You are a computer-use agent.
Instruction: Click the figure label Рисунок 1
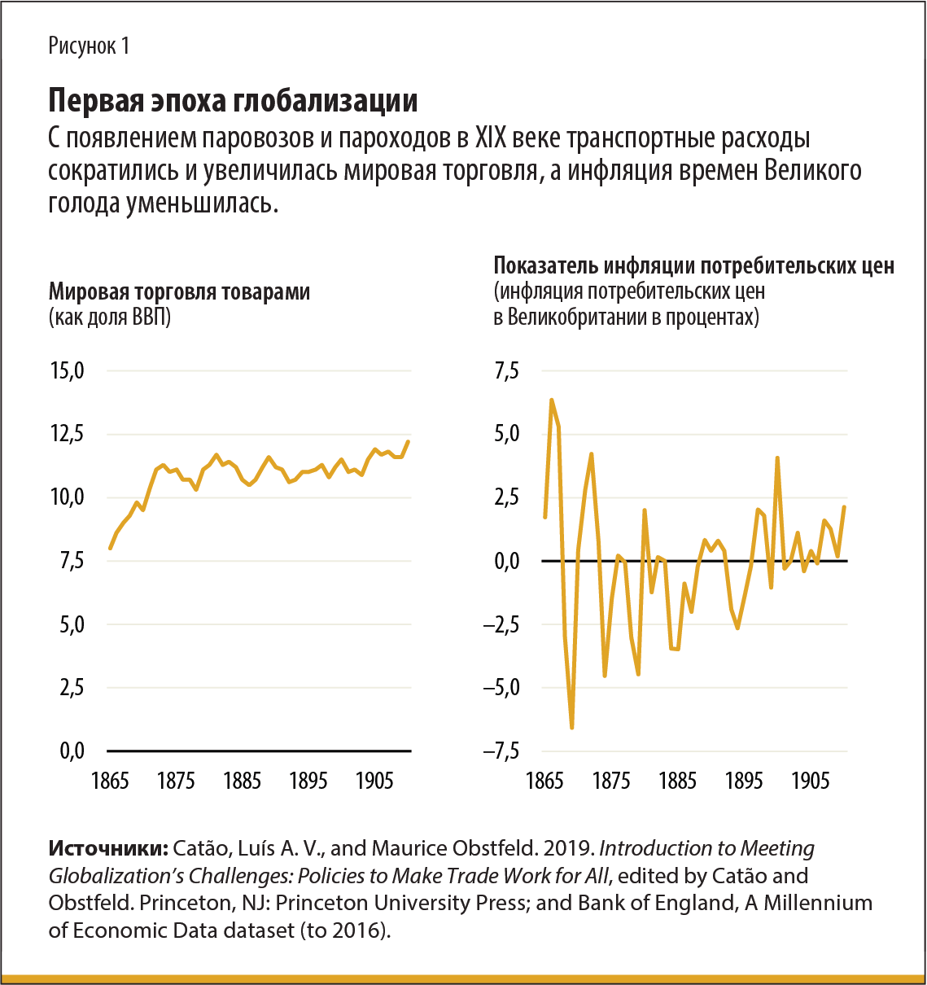pos(89,46)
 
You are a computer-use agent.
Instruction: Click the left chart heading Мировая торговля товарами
pos(179,291)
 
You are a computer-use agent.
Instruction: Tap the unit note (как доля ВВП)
pos(110,317)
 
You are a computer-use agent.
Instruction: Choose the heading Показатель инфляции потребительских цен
pos(693,266)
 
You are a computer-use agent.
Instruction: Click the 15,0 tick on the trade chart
pos(68,371)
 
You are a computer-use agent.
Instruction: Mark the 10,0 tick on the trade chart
pos(68,497)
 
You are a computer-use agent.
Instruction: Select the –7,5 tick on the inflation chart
pos(501,751)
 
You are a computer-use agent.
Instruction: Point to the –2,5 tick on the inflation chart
pos(501,624)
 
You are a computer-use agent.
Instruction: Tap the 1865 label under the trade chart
pos(110,781)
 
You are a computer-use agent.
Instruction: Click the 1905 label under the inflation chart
pos(810,781)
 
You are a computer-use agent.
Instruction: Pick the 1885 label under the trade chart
pos(242,781)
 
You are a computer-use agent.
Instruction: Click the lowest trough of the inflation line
pos(572,727)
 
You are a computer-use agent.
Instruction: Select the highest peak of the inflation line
pos(552,400)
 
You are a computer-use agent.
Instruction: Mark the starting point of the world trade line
pos(111,548)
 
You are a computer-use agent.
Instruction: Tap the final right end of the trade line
pos(408,442)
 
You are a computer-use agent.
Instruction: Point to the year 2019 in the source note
pos(566,848)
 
